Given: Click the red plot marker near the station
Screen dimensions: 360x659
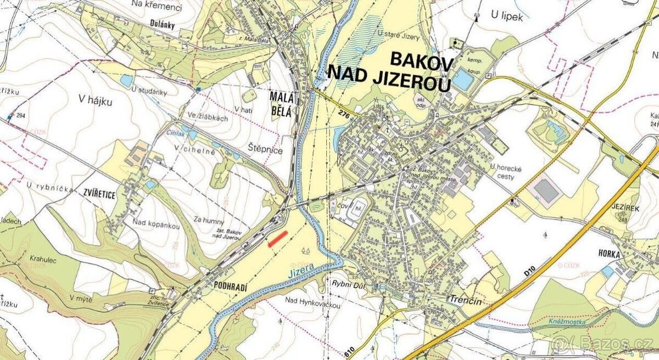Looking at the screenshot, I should pos(278,239).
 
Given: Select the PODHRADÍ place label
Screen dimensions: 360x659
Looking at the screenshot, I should pos(225,286).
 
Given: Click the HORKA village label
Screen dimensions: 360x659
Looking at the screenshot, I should pos(610,255).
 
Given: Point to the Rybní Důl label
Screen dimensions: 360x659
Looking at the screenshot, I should pos(345,284).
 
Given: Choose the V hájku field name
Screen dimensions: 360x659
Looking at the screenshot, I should pos(95,100).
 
